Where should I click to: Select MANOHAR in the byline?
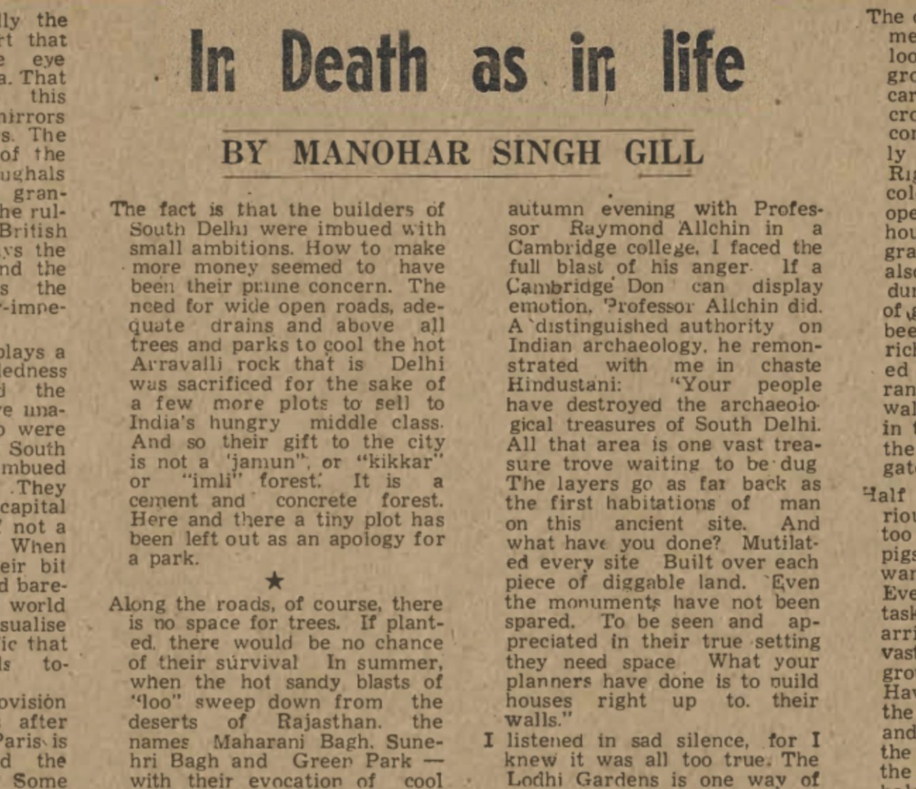click(381, 153)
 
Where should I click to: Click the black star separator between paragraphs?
click(274, 581)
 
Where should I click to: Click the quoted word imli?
click(209, 481)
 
